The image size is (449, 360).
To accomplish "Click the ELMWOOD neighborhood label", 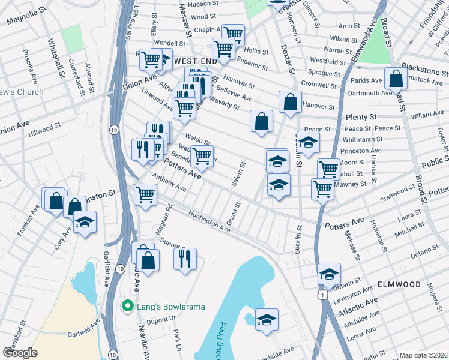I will coord(399,283).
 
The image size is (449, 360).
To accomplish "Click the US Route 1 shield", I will coord(324,295).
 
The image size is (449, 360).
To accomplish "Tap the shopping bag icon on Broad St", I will coord(396,79).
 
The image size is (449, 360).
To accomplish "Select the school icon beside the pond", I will coord(267,319).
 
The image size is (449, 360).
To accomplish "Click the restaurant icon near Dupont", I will coord(185,258).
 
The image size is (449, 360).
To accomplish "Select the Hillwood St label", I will coord(45,127).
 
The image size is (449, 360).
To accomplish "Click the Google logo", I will coord(19,353).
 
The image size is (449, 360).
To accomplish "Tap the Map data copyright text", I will coord(423,355).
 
